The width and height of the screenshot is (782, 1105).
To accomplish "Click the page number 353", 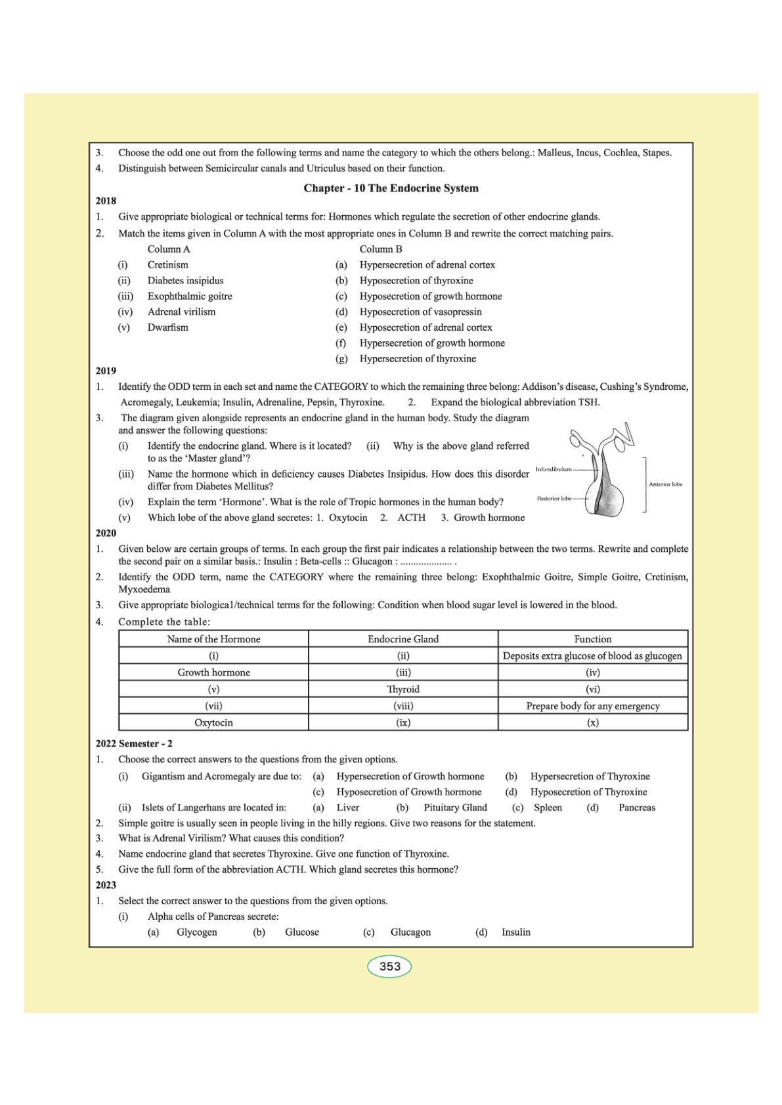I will tap(389, 967).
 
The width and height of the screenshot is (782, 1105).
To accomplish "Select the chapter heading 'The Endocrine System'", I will tap(391, 188).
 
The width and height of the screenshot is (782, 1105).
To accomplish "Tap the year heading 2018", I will tap(106, 201).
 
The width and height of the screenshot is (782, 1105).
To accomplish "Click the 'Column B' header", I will tap(381, 249).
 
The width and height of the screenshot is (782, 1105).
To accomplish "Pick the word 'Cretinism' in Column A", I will tap(167, 265).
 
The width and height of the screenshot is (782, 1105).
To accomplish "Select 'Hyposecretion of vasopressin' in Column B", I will tap(420, 312).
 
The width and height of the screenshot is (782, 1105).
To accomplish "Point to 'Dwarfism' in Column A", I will tap(167, 327).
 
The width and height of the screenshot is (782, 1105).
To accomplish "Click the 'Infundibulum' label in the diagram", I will tap(554, 469).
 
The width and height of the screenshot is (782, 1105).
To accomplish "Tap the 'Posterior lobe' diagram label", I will tap(554, 499).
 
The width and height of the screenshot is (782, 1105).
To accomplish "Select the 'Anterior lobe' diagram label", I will tap(665, 484).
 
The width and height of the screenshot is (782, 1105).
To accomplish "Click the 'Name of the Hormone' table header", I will tap(213, 639).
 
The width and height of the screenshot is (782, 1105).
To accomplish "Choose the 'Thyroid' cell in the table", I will tap(403, 690).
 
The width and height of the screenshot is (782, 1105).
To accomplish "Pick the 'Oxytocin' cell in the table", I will tap(213, 723).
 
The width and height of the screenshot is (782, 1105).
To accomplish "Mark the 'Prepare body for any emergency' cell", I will tap(593, 706).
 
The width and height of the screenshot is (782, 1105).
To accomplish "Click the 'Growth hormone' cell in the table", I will tap(213, 673).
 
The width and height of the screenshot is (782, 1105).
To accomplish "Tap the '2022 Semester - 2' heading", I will tap(134, 744).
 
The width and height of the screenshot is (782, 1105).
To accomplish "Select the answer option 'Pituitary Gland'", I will tap(455, 808).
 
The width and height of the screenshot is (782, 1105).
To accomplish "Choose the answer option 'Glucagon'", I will tap(410, 932).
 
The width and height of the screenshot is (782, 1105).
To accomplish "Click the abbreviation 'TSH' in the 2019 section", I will tap(588, 402).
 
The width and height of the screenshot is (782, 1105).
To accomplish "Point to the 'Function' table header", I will tap(593, 639).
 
